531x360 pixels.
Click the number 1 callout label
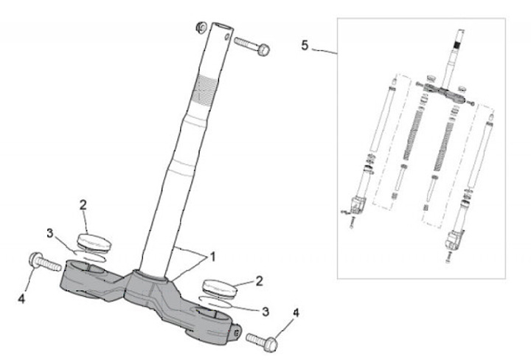pyautogui.click(x=212, y=257)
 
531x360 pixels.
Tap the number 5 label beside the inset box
pyautogui.click(x=305, y=45)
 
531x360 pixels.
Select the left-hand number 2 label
pyautogui.click(x=83, y=204)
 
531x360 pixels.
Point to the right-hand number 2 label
pyautogui.click(x=259, y=280)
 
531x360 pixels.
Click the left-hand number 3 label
pyautogui.click(x=50, y=233)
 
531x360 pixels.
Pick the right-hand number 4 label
pyautogui.click(x=296, y=313)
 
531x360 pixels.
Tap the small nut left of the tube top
pyautogui.click(x=199, y=29)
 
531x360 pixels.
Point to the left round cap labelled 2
pyautogui.click(x=93, y=242)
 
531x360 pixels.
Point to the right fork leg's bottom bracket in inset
pyautogui.click(x=457, y=239)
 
